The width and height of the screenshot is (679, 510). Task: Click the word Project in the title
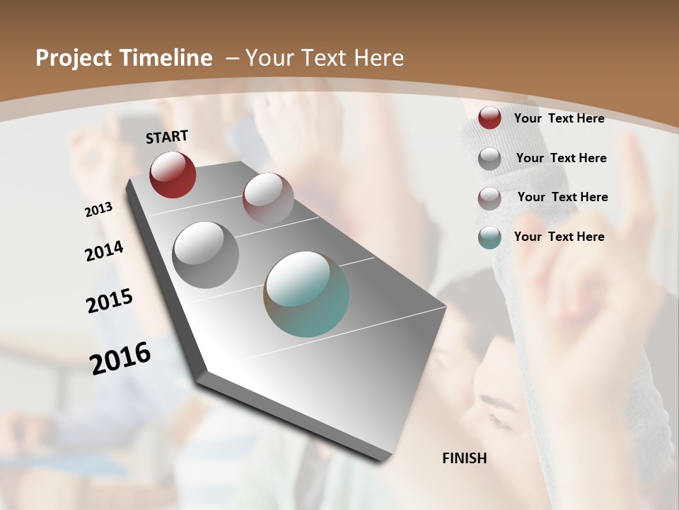click(73, 58)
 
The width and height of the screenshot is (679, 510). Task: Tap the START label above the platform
click(167, 137)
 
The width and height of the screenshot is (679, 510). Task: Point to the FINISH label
click(464, 458)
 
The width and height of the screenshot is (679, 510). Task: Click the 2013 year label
click(99, 210)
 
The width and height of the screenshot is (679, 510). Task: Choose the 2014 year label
click(105, 251)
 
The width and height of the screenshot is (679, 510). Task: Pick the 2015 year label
click(110, 300)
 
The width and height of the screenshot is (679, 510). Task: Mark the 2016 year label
click(120, 358)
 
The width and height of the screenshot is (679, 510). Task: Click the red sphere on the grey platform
click(173, 174)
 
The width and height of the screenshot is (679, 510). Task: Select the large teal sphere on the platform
click(306, 294)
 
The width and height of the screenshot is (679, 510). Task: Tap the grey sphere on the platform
click(206, 255)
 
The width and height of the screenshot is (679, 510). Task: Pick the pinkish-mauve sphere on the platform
click(268, 198)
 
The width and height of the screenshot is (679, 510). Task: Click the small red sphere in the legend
click(489, 118)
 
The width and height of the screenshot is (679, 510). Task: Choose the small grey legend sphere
click(489, 159)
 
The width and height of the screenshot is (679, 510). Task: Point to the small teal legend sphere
click(489, 237)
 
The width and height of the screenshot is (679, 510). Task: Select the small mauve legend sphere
click(489, 198)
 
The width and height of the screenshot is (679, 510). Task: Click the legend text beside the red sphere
click(559, 118)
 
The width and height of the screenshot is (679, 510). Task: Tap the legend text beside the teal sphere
click(559, 237)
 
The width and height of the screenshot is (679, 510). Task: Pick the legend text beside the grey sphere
click(561, 158)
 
